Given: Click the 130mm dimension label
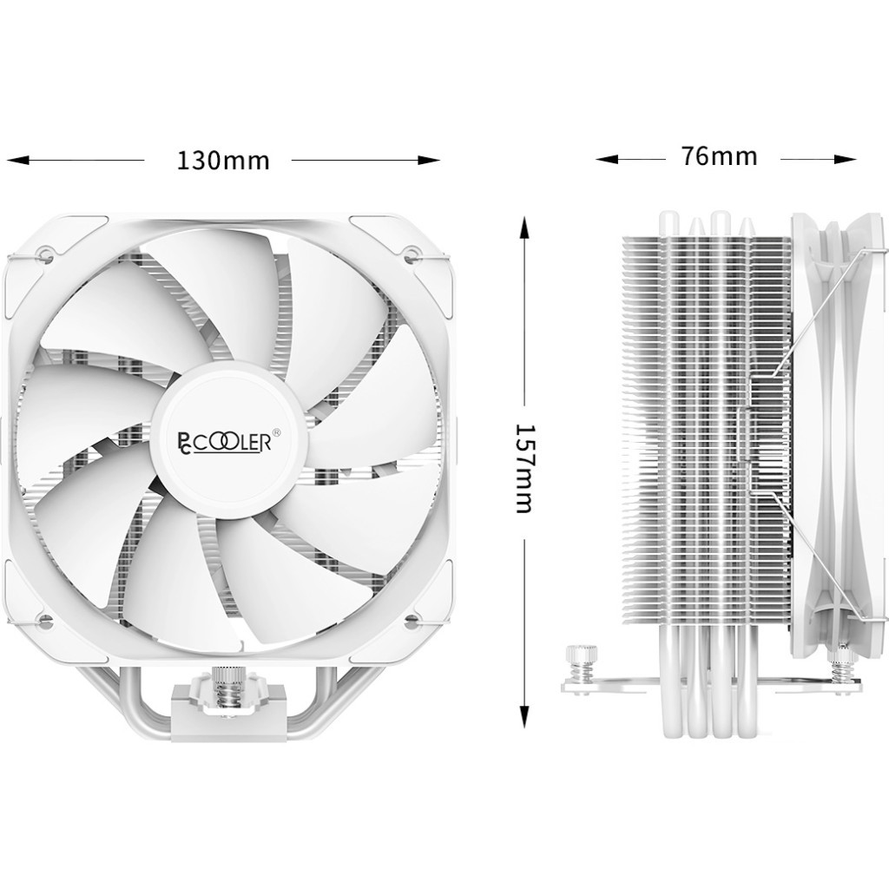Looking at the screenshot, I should [x=223, y=161].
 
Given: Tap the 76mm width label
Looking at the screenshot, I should [x=719, y=156].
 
